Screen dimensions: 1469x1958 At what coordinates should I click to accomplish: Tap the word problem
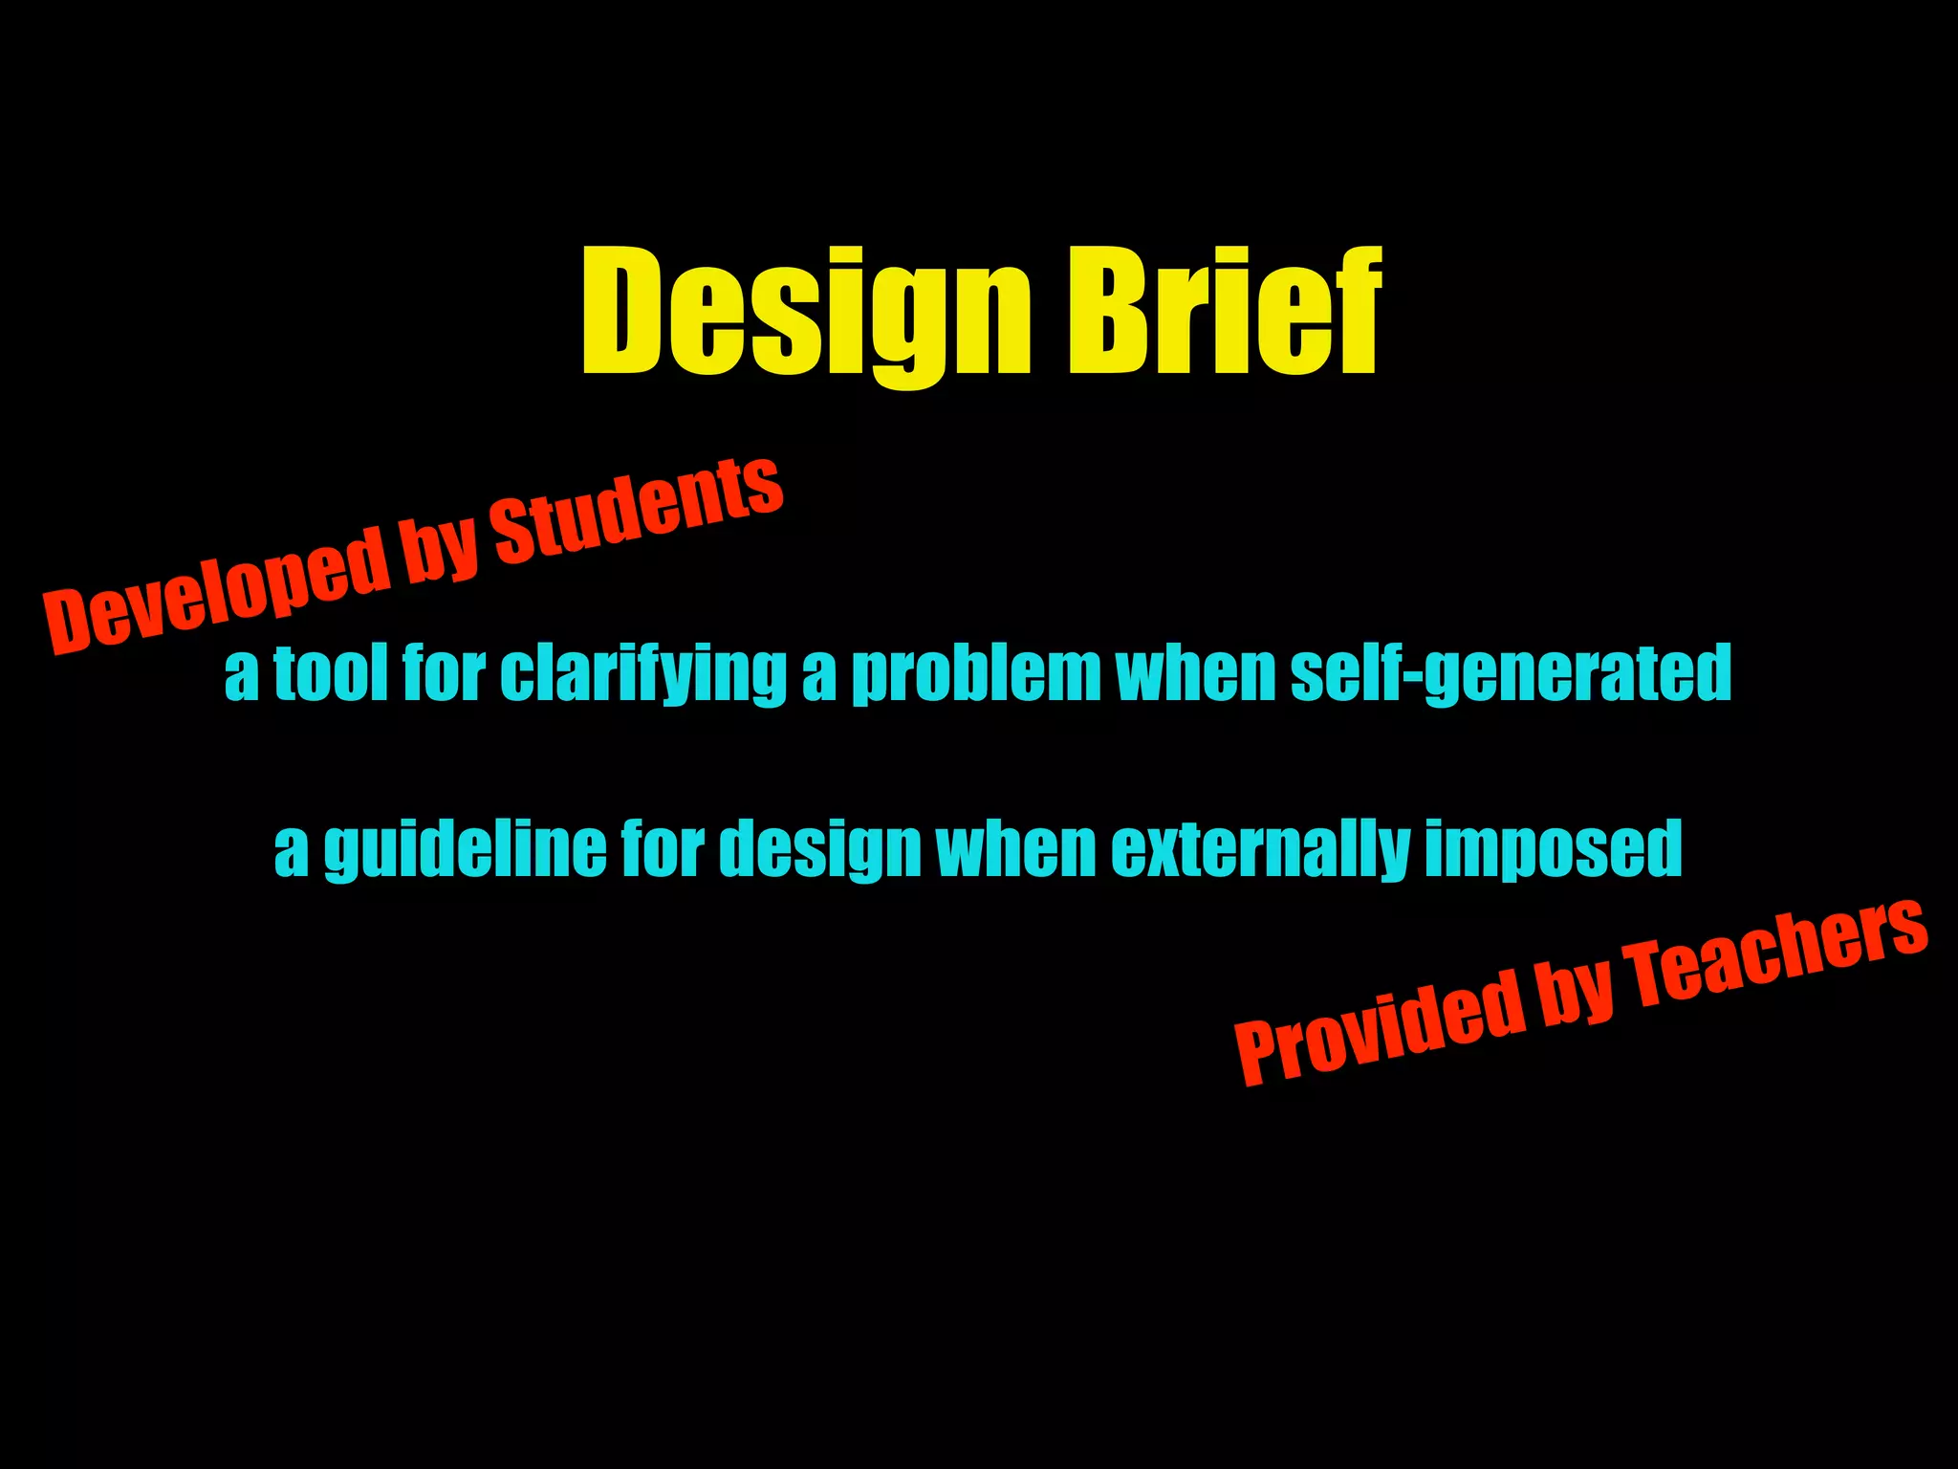click(x=976, y=674)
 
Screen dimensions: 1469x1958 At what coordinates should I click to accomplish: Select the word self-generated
click(x=1511, y=674)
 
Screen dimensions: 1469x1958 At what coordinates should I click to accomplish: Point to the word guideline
click(x=465, y=849)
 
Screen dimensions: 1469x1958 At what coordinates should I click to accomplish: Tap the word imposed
click(x=1553, y=849)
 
